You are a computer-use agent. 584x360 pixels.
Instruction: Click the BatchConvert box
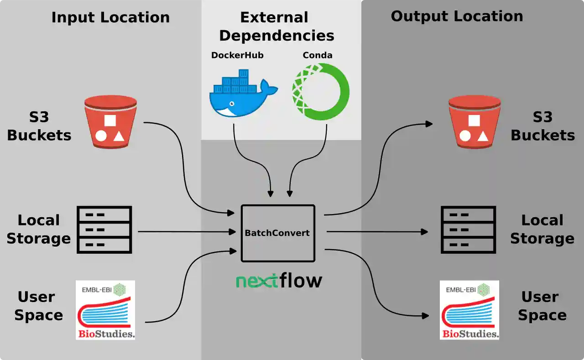click(x=277, y=233)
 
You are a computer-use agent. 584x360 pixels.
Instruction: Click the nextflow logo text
click(x=279, y=280)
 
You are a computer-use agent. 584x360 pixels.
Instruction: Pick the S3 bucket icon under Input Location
click(x=111, y=122)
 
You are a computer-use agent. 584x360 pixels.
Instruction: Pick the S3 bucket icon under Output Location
click(x=474, y=122)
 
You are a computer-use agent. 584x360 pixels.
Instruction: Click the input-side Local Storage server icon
click(x=104, y=230)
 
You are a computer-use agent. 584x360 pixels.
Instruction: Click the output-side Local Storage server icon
click(x=468, y=230)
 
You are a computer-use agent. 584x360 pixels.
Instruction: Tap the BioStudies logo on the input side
click(x=105, y=310)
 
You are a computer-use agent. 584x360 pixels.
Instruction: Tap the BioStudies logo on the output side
click(x=469, y=310)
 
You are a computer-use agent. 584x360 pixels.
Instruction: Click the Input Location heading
click(x=110, y=18)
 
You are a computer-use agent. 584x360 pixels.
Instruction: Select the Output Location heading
click(x=457, y=16)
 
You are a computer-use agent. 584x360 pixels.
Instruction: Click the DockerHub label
click(x=237, y=56)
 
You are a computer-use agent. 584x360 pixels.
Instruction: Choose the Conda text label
click(x=318, y=56)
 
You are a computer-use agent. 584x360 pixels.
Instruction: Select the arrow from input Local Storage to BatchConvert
click(x=187, y=232)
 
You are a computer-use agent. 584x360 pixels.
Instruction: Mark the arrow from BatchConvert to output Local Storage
click(x=377, y=232)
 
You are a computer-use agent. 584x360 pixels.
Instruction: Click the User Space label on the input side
click(x=38, y=306)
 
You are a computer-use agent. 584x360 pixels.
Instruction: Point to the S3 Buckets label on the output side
click(x=542, y=126)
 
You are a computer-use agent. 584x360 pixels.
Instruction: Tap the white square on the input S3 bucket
click(x=110, y=120)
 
